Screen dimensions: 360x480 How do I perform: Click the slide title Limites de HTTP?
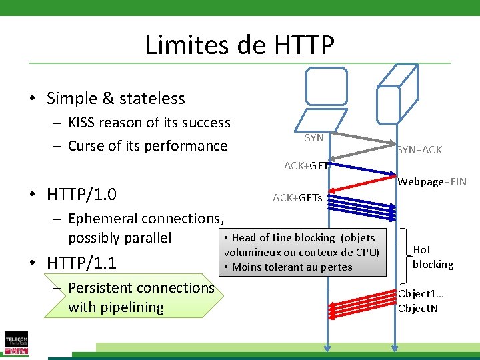(239, 45)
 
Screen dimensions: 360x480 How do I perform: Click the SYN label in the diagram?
(314, 138)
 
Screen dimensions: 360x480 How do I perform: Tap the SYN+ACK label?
(419, 150)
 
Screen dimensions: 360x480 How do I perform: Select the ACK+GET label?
(306, 166)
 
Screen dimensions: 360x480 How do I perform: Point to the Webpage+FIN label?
(432, 182)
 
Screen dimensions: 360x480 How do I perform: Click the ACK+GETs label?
(297, 198)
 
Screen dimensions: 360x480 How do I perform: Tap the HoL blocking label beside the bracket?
(433, 257)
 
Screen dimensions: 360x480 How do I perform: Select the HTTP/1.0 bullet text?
(82, 195)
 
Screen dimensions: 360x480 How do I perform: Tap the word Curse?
(88, 146)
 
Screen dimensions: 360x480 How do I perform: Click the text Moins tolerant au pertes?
(292, 267)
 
